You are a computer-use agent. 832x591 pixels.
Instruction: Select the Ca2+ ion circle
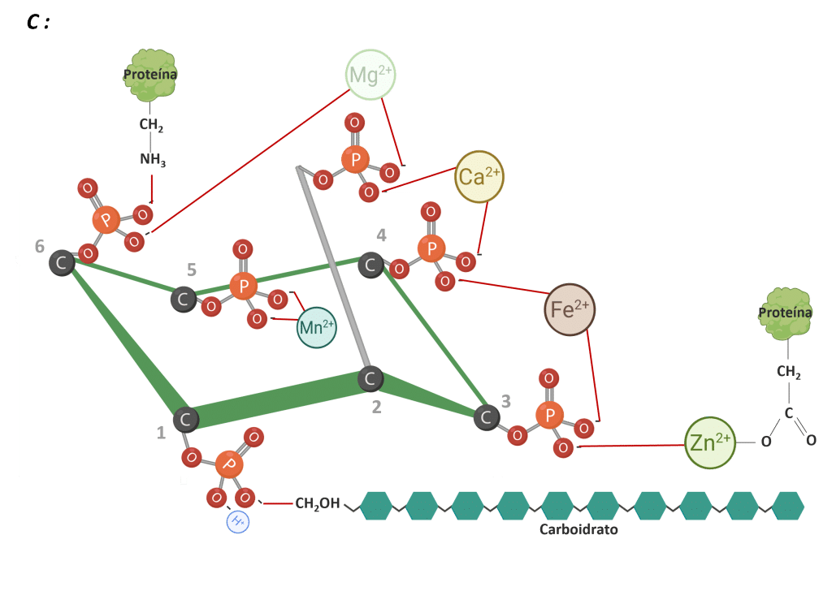pyautogui.click(x=479, y=176)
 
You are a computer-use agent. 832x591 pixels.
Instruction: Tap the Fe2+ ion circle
pyautogui.click(x=570, y=309)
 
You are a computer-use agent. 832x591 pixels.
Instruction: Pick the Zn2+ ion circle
pyautogui.click(x=710, y=442)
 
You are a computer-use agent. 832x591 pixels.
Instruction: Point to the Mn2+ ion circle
pyautogui.click(x=317, y=327)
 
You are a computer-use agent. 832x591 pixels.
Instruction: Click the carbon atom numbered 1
pyautogui.click(x=186, y=420)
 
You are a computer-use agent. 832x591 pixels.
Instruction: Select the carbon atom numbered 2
pyautogui.click(x=370, y=378)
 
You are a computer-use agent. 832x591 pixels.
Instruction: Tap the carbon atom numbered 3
pyautogui.click(x=487, y=417)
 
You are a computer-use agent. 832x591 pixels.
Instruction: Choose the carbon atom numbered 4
pyautogui.click(x=371, y=264)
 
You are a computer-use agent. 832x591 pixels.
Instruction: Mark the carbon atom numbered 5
pyautogui.click(x=183, y=300)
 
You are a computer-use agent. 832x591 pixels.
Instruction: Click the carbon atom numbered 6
pyautogui.click(x=62, y=262)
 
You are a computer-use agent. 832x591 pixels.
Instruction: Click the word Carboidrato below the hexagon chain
pyautogui.click(x=578, y=529)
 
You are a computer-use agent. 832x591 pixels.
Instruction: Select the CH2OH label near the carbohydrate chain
pyautogui.click(x=318, y=504)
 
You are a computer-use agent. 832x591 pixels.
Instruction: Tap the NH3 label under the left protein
pyautogui.click(x=152, y=160)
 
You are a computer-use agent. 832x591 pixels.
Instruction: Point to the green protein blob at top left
pyautogui.click(x=151, y=75)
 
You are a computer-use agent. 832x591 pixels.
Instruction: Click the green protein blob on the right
pyautogui.click(x=785, y=313)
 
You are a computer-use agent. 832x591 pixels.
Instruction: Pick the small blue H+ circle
pyautogui.click(x=238, y=521)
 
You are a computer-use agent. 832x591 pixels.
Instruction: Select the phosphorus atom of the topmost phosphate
pyautogui.click(x=354, y=159)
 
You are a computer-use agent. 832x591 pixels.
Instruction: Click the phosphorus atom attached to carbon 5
pyautogui.click(x=242, y=286)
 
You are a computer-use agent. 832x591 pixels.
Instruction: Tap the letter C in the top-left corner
pyautogui.click(x=34, y=22)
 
